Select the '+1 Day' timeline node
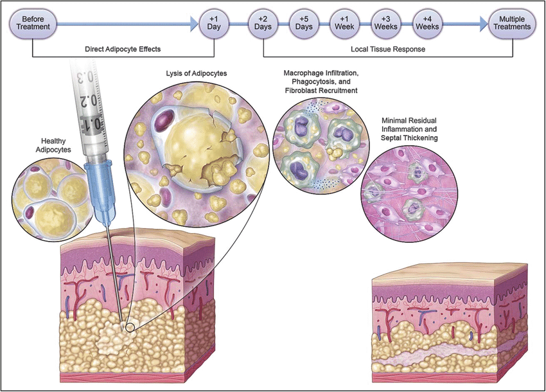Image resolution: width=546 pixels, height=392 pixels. pyautogui.click(x=214, y=24)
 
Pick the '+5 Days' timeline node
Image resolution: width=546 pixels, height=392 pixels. pyautogui.click(x=303, y=24)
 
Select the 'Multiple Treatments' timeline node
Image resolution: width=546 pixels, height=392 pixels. pyautogui.click(x=511, y=24)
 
